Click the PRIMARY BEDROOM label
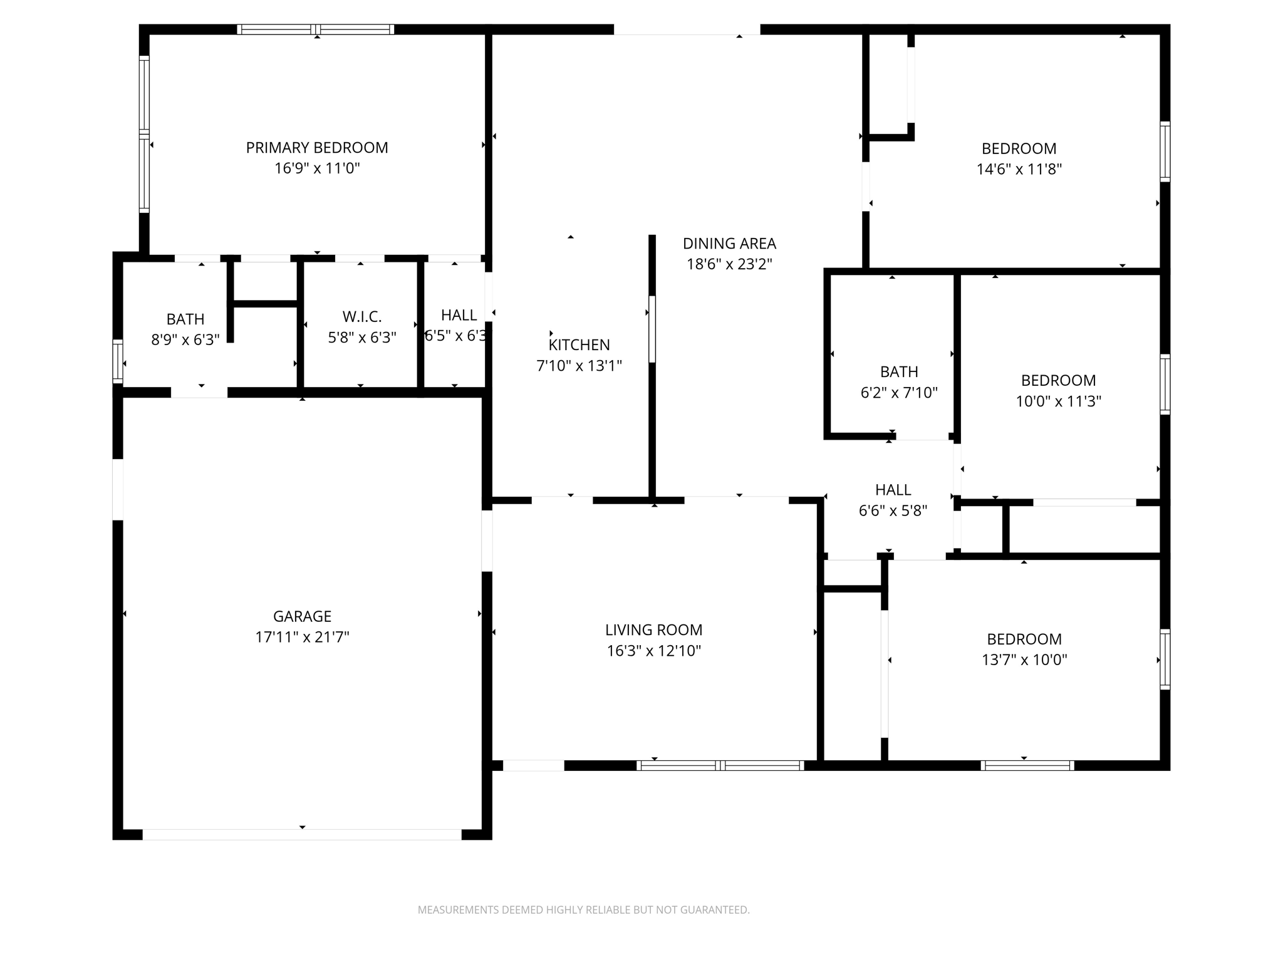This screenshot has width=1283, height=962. click(316, 148)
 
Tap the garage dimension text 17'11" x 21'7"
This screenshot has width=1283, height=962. click(302, 637)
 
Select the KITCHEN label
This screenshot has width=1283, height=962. click(579, 344)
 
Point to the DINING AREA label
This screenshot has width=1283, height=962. click(729, 244)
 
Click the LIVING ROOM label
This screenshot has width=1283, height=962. click(653, 629)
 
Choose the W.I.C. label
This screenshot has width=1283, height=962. click(362, 317)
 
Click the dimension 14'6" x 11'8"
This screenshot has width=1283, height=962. click(1019, 169)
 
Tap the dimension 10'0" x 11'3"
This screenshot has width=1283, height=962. click(1058, 401)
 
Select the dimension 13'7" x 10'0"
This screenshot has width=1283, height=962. click(1024, 659)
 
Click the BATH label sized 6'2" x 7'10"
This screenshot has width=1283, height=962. click(899, 372)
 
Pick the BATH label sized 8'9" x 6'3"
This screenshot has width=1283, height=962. click(185, 319)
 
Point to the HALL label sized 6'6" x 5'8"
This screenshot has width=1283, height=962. click(893, 490)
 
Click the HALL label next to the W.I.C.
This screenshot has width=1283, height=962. click(459, 315)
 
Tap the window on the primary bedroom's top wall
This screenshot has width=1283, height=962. click(316, 29)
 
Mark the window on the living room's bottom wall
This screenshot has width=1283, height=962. click(720, 765)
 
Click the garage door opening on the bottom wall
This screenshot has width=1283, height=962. click(302, 834)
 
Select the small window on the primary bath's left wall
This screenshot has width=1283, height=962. click(117, 361)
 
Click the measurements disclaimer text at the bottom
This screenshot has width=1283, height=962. click(583, 909)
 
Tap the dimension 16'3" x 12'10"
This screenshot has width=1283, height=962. click(653, 651)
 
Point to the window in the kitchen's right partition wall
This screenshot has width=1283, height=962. click(652, 329)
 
